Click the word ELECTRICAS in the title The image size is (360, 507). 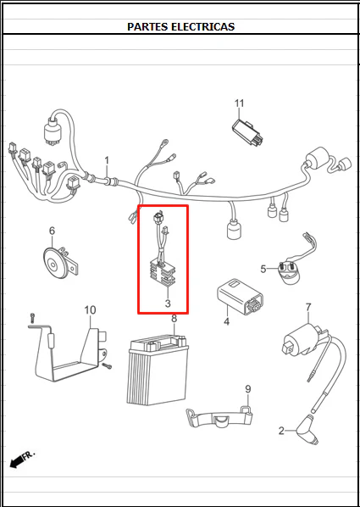pyautogui.click(x=202, y=26)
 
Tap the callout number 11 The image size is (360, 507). pyautogui.click(x=240, y=103)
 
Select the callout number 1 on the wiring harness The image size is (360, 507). pyautogui.click(x=107, y=161)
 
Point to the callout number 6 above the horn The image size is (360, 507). pyautogui.click(x=52, y=231)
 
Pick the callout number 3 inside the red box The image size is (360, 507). pyautogui.click(x=168, y=304)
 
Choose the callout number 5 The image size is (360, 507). pyautogui.click(x=263, y=269)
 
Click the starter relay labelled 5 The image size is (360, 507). pyautogui.click(x=291, y=271)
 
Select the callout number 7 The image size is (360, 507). pyautogui.click(x=308, y=307)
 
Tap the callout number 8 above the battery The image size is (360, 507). pyautogui.click(x=174, y=319)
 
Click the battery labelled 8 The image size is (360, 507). pyautogui.click(x=158, y=370)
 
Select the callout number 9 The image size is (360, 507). pyautogui.click(x=248, y=389)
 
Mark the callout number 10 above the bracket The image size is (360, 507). pyautogui.click(x=90, y=310)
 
